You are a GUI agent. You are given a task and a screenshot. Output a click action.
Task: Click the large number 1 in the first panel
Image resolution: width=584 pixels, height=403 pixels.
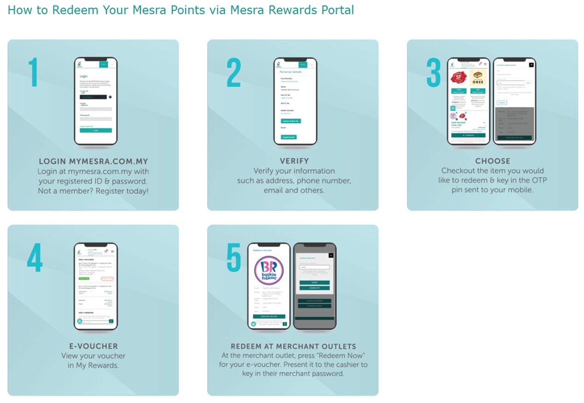(x=33, y=72)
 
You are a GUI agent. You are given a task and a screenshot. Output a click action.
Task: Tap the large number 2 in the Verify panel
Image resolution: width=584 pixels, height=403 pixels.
(x=233, y=73)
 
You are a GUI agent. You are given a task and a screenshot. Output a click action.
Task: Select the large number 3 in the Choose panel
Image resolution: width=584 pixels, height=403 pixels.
(x=433, y=73)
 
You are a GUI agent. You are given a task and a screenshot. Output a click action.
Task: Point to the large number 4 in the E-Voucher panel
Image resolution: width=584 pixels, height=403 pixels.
(x=35, y=257)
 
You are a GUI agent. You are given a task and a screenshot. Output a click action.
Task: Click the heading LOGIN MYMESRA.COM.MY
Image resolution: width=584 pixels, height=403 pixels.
(x=93, y=161)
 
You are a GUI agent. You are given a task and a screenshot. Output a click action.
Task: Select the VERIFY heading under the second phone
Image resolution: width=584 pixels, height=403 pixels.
(x=294, y=161)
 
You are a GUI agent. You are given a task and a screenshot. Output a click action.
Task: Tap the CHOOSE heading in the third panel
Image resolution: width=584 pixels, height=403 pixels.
(x=492, y=161)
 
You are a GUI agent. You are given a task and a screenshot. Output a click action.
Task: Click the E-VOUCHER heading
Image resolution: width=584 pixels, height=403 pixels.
(x=93, y=346)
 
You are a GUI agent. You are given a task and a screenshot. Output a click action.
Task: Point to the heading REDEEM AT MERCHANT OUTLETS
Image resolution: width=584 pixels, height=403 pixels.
(x=293, y=346)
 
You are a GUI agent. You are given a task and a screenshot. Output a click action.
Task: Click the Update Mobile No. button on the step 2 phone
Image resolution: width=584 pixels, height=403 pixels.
(x=291, y=121)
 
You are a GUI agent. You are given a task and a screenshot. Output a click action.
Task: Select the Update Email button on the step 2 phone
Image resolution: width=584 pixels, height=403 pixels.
(x=289, y=137)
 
